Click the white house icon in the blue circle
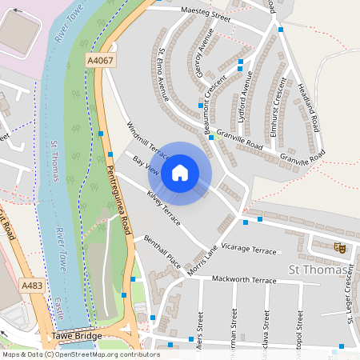pyautogui.click(x=180, y=172)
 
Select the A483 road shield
pyautogui.click(x=33, y=286)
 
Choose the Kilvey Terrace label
pyautogui.click(x=163, y=206)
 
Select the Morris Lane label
pyautogui.click(x=202, y=259)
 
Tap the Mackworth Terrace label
pyautogui.click(x=243, y=280)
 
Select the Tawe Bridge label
pyautogui.click(x=77, y=336)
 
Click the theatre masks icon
pyautogui.click(x=339, y=249)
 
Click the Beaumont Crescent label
pyautogui.click(x=199, y=108)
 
